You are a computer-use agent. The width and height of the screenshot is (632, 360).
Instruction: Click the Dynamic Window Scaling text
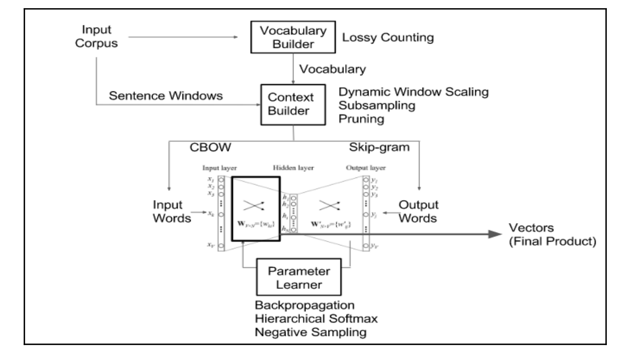(x=414, y=93)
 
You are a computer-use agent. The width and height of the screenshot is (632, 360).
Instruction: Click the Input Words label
(x=171, y=211)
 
